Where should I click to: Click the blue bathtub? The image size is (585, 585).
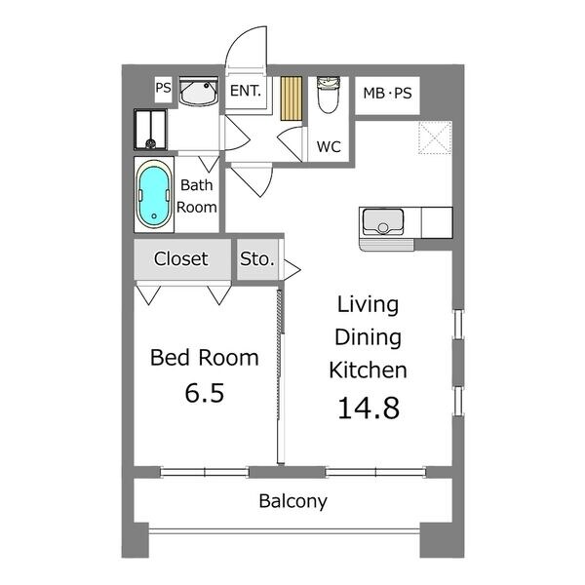click(x=154, y=195)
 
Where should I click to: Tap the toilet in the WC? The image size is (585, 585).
click(x=328, y=95)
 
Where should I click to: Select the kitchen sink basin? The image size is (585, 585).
click(x=383, y=221)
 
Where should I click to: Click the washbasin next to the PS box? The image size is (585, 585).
click(x=198, y=92)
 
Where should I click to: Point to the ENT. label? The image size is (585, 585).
click(x=245, y=91)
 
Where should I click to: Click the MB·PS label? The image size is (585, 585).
click(x=387, y=93)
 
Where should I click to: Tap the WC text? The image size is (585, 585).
click(x=329, y=146)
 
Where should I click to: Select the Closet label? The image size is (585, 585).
click(x=181, y=258)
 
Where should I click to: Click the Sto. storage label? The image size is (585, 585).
click(x=257, y=259)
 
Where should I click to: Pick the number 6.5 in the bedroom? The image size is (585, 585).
click(x=205, y=393)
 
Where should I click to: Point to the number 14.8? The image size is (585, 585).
click(x=369, y=408)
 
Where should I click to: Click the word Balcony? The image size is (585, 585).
click(x=292, y=501)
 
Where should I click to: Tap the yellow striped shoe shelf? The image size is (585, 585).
click(x=291, y=98)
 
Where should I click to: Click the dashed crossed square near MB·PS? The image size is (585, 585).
click(x=435, y=137)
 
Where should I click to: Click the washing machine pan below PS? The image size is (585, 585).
click(x=151, y=130)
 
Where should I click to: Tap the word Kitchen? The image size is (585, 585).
click(x=368, y=370)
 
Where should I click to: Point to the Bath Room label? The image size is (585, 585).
click(x=197, y=196)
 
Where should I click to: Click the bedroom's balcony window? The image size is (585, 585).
click(x=205, y=472)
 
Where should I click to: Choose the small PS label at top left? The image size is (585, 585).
click(x=163, y=88)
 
